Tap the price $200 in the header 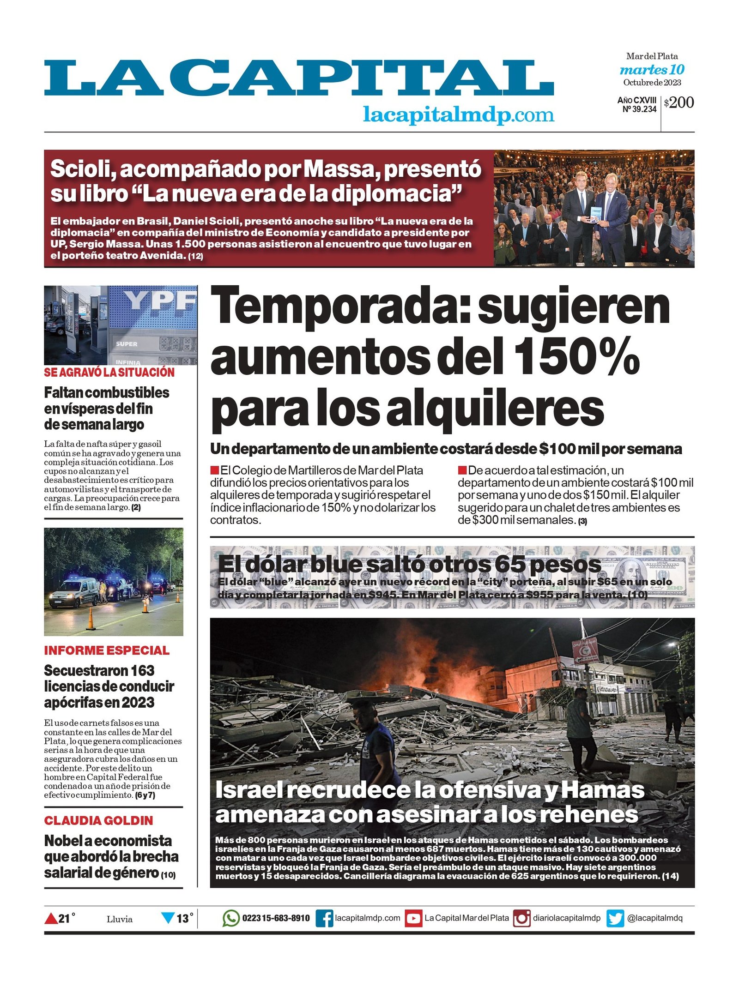tap(679, 102)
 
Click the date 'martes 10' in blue tap(652, 70)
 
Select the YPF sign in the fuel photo tap(161, 301)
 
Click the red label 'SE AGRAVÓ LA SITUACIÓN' tap(109, 373)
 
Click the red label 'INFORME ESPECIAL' tap(107, 650)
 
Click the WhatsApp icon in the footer tap(231, 918)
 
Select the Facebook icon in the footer tap(324, 918)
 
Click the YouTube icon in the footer tap(413, 918)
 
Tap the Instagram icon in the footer tap(522, 918)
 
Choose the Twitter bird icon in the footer tap(615, 918)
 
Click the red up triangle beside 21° tap(50, 919)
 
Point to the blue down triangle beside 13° tap(168, 918)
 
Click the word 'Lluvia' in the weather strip tap(120, 919)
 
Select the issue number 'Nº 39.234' tap(639, 109)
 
